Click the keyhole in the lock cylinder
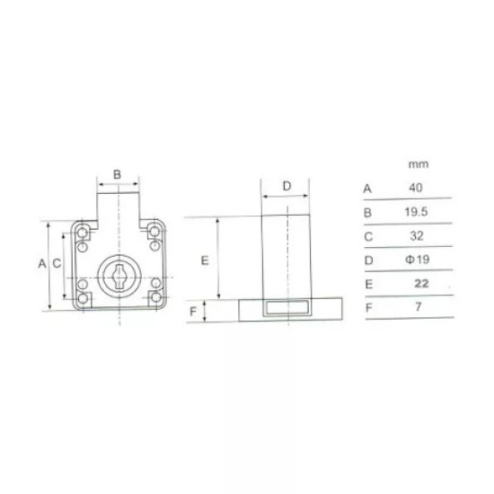tap(119, 277)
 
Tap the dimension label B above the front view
tap(117, 174)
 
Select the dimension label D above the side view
tap(287, 186)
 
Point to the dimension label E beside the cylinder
tap(205, 260)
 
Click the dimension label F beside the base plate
tap(193, 312)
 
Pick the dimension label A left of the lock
tap(42, 263)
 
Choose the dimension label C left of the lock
tap(57, 263)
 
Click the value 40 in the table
tap(416, 188)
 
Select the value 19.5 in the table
tap(416, 212)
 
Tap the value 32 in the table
tap(417, 236)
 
